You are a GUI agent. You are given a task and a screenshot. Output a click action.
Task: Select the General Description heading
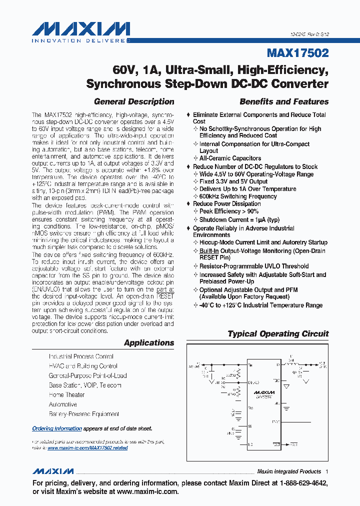134,101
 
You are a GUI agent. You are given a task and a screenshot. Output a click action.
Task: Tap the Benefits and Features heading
284,101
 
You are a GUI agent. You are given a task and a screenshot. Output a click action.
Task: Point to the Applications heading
149,342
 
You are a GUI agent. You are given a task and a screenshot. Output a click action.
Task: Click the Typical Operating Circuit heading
278,333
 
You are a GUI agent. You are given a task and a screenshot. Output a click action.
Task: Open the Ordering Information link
57,428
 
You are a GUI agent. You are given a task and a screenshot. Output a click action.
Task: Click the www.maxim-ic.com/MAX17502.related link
87,448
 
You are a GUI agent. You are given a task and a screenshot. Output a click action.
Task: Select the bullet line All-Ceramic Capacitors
230,158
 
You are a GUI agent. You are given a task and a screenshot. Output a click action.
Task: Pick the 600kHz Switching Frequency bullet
238,196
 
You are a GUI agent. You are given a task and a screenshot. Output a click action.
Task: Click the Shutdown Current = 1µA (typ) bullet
239,219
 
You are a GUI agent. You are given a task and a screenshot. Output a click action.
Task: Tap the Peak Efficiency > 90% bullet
229,211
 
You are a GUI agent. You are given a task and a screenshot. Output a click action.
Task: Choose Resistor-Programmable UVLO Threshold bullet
254,266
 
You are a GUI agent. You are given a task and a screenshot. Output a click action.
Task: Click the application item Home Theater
66,394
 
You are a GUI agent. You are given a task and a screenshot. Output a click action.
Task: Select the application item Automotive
63,404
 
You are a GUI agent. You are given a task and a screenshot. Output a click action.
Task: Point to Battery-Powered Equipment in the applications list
84,414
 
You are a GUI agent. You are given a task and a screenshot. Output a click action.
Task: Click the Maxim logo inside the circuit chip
264,392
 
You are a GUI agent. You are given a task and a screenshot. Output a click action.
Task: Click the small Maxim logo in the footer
53,471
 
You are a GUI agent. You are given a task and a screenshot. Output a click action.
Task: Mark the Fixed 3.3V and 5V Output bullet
233,181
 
